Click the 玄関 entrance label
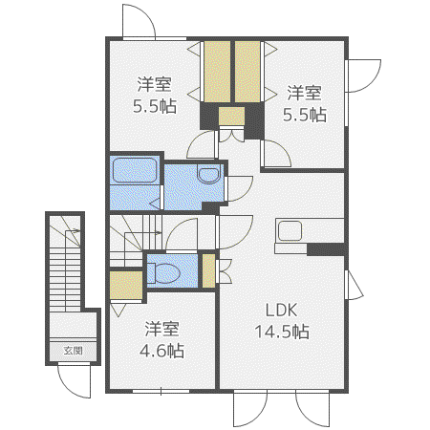coord(73,351)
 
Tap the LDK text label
coord(282,311)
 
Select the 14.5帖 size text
coord(282,332)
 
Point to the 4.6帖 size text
coord(161,351)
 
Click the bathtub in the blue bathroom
coord(135,170)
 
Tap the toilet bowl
coord(163,273)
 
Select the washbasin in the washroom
coord(208,174)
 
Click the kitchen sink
coord(290,231)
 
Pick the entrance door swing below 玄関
coord(75,382)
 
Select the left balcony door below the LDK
coord(250,409)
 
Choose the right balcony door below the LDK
coord(312,409)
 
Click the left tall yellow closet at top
coord(217,72)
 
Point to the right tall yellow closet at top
coord(247,72)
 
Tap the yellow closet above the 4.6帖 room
coord(126,286)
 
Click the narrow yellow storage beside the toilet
coord(209,270)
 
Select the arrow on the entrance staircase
coord(73,231)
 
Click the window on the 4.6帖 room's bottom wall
coord(161,391)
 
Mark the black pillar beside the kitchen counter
coord(326,249)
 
